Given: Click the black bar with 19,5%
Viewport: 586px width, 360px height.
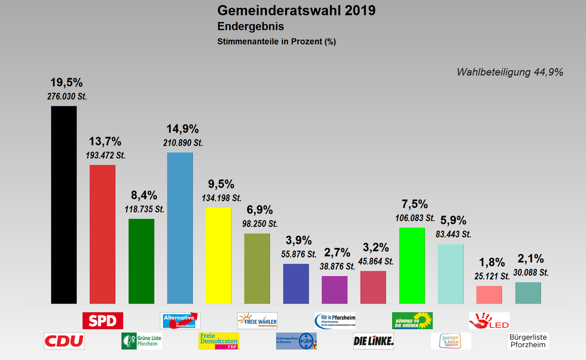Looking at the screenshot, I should tap(64, 205).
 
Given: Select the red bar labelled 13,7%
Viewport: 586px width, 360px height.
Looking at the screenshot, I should tap(102, 234).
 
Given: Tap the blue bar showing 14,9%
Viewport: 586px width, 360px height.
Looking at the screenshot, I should tap(180, 228).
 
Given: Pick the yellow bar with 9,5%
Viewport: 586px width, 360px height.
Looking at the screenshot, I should tap(218, 256).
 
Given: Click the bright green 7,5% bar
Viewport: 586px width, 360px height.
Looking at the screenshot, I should tap(412, 266).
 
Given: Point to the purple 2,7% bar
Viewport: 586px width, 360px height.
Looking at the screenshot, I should tap(335, 290).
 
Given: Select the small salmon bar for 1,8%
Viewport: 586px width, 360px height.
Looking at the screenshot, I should tap(489, 295).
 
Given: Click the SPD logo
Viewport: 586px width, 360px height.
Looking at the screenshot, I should tap(103, 321).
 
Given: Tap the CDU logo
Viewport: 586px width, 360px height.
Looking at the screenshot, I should tap(64, 341).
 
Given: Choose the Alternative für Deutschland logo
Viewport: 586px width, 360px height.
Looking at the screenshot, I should tap(180, 321).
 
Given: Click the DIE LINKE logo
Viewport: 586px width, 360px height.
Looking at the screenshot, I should tap(374, 341).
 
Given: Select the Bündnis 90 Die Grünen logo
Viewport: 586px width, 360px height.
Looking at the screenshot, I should tap(412, 321).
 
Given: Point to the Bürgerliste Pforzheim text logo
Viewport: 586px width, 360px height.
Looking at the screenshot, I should tap(528, 341).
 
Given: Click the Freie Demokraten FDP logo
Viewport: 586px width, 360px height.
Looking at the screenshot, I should tap(219, 341).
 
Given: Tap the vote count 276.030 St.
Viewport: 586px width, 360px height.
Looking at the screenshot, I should tap(67, 97).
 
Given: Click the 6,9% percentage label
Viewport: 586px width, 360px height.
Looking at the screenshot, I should tap(259, 210).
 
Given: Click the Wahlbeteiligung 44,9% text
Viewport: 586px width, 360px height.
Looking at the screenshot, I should tap(510, 72).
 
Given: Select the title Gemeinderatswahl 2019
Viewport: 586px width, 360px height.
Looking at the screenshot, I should tap(296, 11).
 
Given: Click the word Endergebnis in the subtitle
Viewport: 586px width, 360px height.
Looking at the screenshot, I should tap(250, 27).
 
